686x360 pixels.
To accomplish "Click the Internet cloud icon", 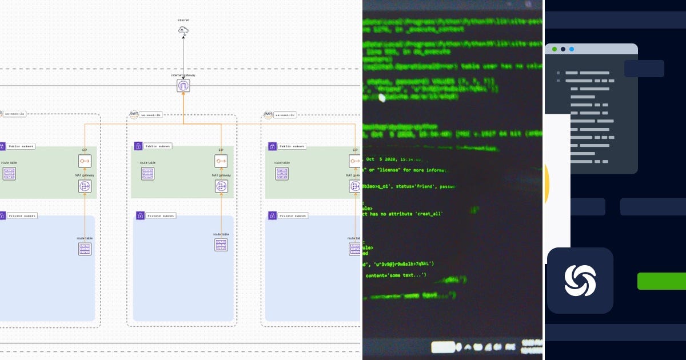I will (x=184, y=30).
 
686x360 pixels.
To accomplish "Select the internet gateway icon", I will (x=184, y=86).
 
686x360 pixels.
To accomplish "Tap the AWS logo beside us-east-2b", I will (x=134, y=114).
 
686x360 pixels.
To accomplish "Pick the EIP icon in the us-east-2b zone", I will (x=221, y=161).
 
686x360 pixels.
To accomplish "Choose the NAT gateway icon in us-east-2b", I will (x=221, y=186).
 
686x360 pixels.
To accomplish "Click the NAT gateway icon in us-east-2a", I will (x=85, y=186).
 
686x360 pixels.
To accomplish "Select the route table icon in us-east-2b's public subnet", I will (x=147, y=174).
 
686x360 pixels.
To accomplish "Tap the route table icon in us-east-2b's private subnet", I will (x=221, y=245).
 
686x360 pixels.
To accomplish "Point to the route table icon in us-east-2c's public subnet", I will (x=282, y=174).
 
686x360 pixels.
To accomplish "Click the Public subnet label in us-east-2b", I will (x=158, y=146).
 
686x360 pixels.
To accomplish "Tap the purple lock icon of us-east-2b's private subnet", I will (x=139, y=215).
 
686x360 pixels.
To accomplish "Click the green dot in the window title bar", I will (x=555, y=49).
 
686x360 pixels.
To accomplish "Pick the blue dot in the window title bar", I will (x=572, y=49).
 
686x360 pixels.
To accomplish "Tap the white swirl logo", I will (x=580, y=281).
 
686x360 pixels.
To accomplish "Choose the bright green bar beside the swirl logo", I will (x=661, y=281).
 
